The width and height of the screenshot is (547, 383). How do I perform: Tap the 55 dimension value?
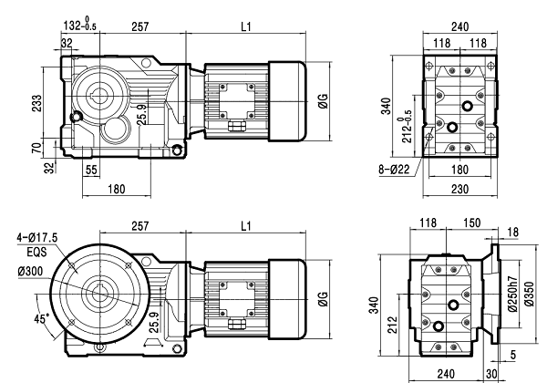[91, 170]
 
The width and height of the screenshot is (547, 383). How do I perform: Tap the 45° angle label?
[42, 320]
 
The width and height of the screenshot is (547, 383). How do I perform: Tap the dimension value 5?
[514, 356]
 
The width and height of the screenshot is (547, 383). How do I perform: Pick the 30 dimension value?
[492, 373]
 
